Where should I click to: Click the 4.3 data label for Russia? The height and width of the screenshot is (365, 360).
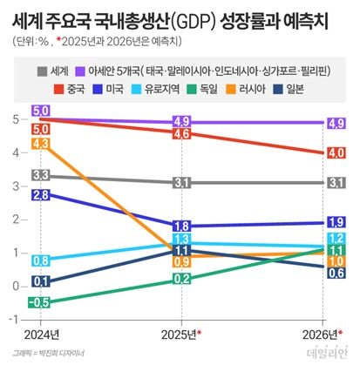point(40,143)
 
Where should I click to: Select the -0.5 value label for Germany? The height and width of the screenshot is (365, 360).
point(38,302)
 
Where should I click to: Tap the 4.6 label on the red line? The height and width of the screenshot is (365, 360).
point(181,134)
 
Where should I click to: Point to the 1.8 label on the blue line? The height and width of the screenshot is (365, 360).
point(181,226)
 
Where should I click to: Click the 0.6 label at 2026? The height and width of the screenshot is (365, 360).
point(335,273)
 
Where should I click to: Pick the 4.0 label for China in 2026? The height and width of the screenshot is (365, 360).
point(335,153)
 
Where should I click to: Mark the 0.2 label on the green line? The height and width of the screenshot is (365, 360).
point(181,279)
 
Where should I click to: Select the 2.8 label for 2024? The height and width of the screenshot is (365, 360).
point(40,195)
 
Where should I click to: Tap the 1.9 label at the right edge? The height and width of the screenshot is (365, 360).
point(335,222)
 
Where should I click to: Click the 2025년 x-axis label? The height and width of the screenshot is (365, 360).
point(180,334)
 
